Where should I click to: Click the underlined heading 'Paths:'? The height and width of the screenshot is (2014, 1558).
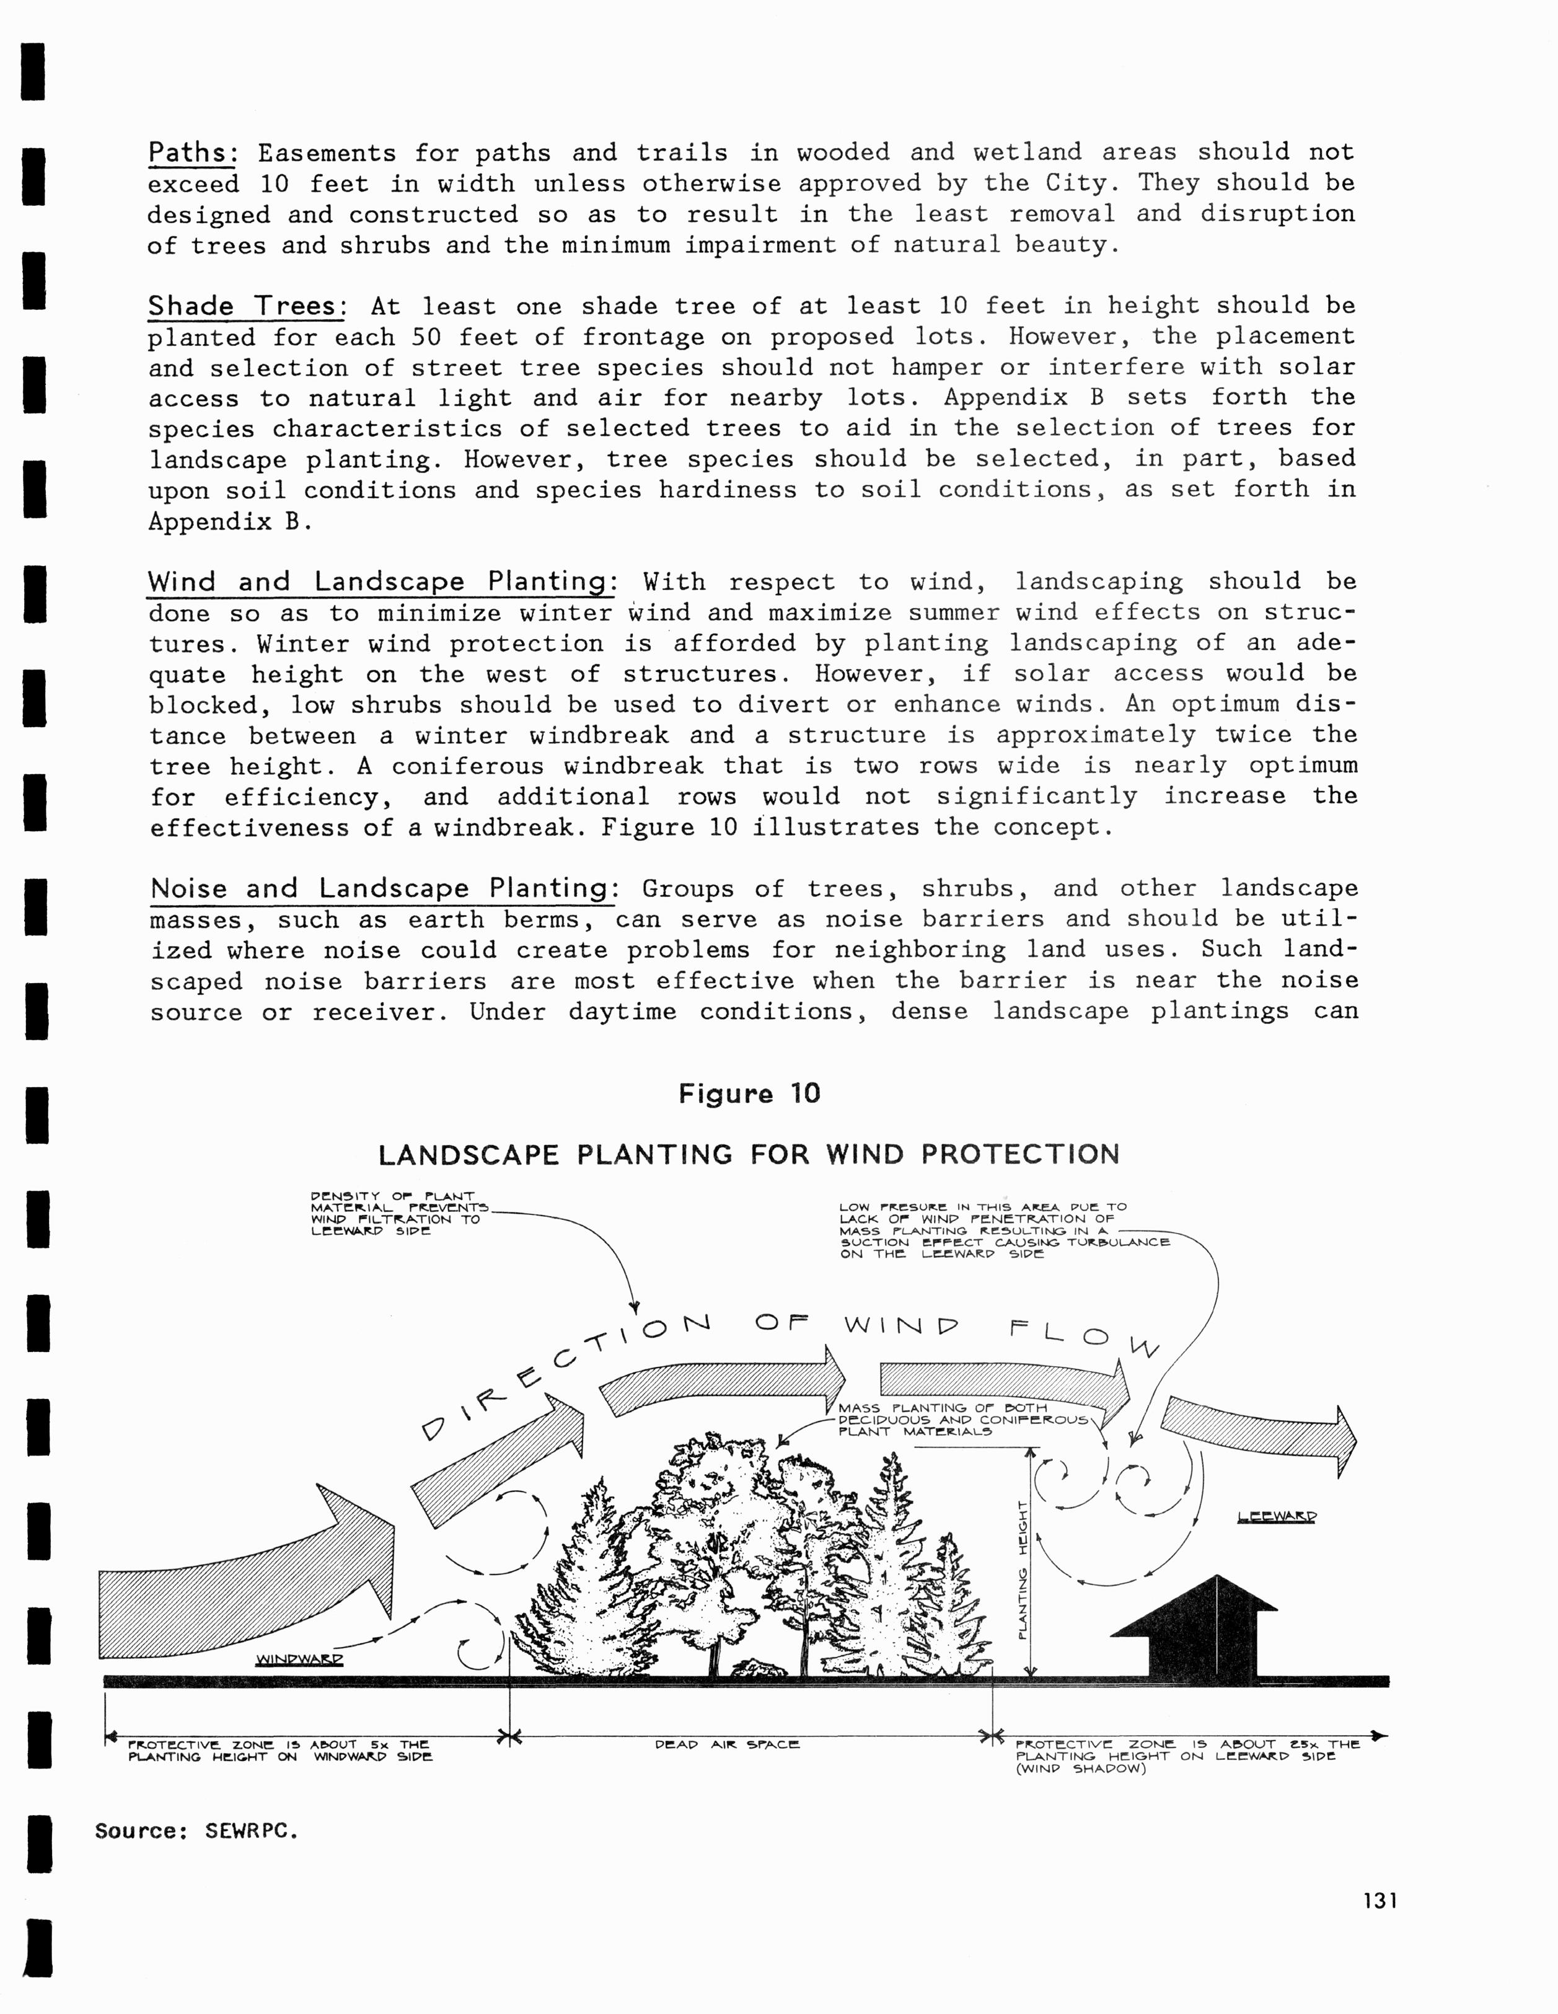point(193,152)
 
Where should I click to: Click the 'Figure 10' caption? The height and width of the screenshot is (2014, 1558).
point(749,1093)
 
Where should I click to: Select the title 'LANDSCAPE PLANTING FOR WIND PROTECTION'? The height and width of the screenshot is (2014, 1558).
point(749,1155)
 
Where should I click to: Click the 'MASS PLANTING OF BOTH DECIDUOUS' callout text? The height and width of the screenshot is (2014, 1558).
point(959,1420)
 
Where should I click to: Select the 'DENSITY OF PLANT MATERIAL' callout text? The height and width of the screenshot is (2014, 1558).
point(397,1214)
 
